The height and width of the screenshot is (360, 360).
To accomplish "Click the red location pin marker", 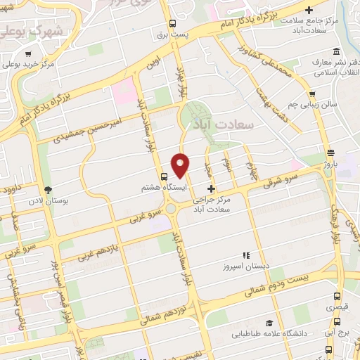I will click(181, 165).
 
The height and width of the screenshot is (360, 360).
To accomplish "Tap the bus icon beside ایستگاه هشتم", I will click(165, 176).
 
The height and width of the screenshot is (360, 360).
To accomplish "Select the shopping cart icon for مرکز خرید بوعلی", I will click(27, 53).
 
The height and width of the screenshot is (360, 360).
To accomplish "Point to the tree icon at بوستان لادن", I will click(48, 190).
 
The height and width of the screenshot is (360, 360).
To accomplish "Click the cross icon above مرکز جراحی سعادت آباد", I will click(212, 188).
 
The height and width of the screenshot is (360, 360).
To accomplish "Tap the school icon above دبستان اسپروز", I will click(245, 256).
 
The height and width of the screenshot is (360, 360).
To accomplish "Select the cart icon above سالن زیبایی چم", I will click(311, 93).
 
